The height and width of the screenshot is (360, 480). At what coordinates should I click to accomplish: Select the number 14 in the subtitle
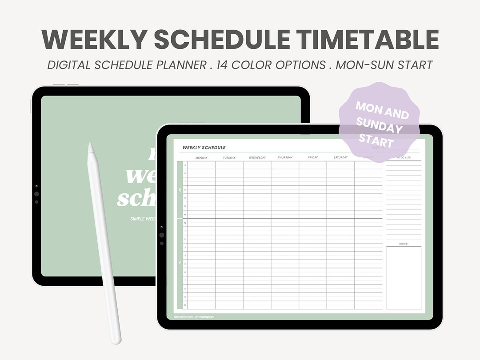click(x=224, y=65)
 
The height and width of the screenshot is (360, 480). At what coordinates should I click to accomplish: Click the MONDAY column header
click(x=201, y=157)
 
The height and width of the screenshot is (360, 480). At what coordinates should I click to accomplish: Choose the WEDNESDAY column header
click(x=257, y=157)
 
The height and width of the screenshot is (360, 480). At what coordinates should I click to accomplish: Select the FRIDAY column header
click(x=313, y=157)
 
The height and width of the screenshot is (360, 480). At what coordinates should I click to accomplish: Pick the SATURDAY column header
click(x=340, y=157)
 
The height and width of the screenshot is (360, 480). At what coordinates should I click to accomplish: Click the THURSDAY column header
click(x=285, y=157)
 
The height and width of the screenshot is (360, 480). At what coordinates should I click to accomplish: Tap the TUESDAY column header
click(x=229, y=157)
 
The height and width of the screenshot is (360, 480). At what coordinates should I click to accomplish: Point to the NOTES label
click(x=404, y=244)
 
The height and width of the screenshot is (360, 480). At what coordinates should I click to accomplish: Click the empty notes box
click(x=404, y=278)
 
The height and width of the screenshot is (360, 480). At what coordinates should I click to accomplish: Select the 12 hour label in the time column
click(x=185, y=223)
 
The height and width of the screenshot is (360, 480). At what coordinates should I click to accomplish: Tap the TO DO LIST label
click(x=404, y=157)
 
